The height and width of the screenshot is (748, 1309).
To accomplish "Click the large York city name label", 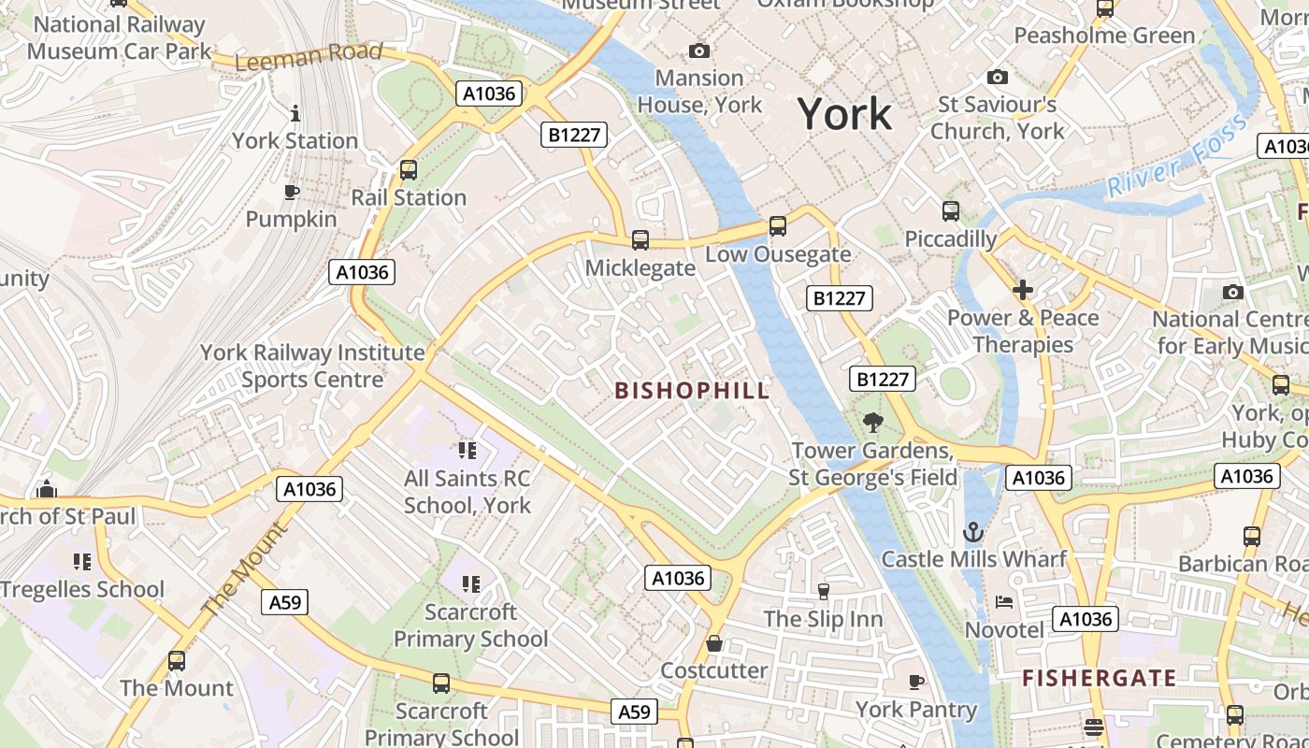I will (x=844, y=114).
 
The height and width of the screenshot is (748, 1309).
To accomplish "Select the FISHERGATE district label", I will (x=1099, y=678).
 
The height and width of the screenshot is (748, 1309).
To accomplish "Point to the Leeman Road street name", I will (x=309, y=56).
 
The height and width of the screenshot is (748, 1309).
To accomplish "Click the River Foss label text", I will (x=1176, y=156).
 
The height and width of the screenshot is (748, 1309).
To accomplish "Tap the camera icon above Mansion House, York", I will (x=698, y=50).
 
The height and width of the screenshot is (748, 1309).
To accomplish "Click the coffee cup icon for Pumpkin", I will (x=291, y=193).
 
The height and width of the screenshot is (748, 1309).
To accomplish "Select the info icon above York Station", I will (x=295, y=114).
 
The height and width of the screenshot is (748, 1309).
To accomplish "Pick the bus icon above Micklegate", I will (x=640, y=240).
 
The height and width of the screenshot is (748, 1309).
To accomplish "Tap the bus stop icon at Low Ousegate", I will (x=777, y=226).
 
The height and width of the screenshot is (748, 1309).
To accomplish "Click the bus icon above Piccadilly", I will (x=951, y=211).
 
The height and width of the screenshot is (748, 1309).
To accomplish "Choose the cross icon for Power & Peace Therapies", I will (x=1023, y=290).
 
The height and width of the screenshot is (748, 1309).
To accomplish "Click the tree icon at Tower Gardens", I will (x=873, y=423).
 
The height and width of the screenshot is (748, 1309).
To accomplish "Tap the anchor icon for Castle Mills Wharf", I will (x=973, y=532).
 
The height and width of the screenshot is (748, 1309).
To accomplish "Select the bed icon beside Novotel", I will (x=1004, y=602).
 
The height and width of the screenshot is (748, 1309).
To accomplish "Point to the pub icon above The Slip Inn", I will (x=823, y=591).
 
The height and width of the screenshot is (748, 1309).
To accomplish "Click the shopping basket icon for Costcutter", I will (x=714, y=643).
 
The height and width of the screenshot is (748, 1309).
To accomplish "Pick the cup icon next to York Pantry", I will (x=916, y=682).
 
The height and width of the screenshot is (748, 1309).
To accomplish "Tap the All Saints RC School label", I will (x=467, y=492).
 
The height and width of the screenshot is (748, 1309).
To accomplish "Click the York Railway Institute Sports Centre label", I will (x=312, y=366).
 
